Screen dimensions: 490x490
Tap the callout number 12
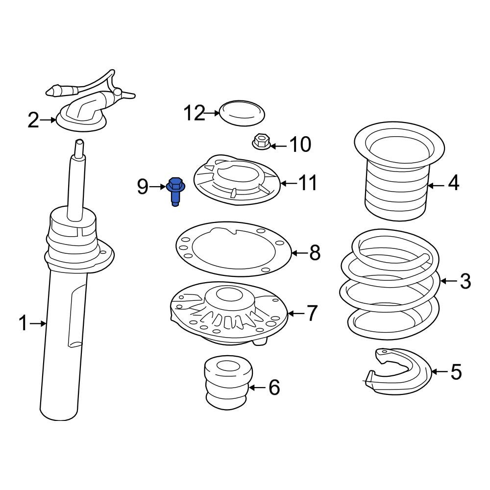point(194,113)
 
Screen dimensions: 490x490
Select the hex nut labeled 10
point(261,142)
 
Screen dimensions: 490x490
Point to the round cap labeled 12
point(242,113)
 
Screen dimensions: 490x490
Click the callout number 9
point(143,187)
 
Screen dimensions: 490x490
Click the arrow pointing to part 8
point(299,252)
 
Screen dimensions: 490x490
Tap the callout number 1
point(23,323)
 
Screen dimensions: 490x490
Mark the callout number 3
point(465,281)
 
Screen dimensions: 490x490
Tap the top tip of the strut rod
point(79,141)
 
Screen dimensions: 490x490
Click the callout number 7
point(312,313)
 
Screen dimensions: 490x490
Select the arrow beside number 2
point(48,120)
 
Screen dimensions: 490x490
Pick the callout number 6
point(274,388)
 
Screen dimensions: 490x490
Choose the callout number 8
point(315,252)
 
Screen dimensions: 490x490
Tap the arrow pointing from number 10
point(278,146)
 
